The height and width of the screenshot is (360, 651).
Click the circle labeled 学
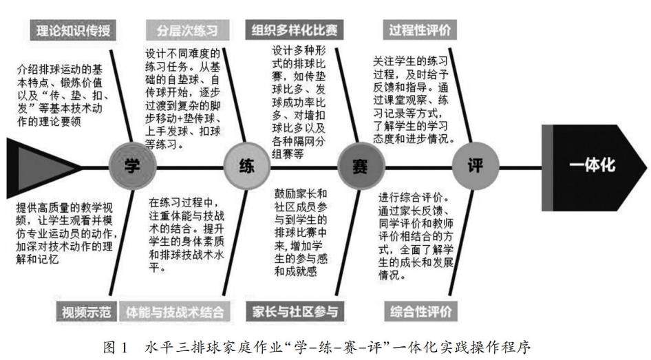point(131,166)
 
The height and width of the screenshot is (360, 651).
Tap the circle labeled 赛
point(359,166)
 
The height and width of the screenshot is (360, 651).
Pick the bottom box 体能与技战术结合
point(173,311)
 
